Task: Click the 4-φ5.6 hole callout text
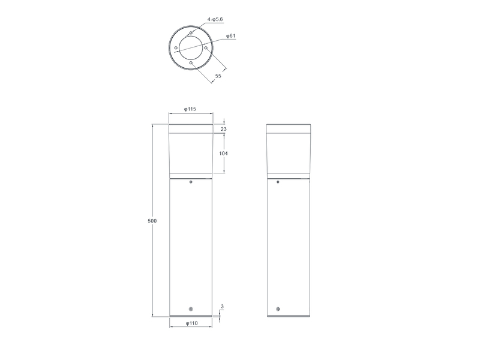(x=215, y=20)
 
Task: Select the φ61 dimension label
(x=231, y=36)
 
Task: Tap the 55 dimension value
(x=218, y=76)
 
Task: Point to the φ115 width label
(x=190, y=109)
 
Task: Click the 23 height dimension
(x=223, y=129)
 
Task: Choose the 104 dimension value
(x=223, y=154)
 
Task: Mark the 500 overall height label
(x=152, y=221)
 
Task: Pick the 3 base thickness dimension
(x=222, y=307)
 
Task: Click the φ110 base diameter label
(x=191, y=323)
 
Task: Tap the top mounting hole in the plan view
(x=191, y=33)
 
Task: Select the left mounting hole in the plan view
(x=176, y=48)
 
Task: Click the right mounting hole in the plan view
(x=206, y=48)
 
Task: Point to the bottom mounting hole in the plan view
(x=191, y=62)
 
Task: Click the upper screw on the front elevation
(x=191, y=182)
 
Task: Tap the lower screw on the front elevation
(x=191, y=309)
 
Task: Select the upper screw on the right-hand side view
(x=278, y=182)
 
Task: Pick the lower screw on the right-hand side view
(x=278, y=309)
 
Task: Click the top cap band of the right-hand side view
(x=289, y=128)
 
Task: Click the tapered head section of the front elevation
(x=191, y=153)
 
